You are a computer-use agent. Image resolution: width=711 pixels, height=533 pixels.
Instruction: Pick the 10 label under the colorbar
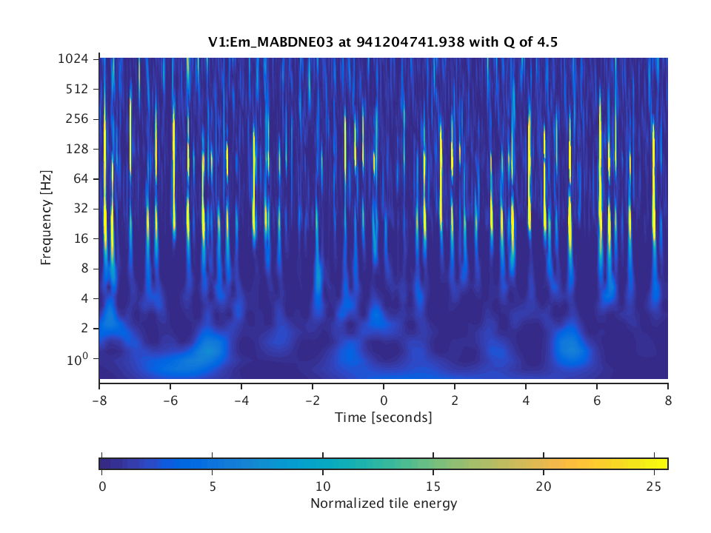(322, 486)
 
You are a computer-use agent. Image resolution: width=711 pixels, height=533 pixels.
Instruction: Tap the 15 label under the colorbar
(433, 486)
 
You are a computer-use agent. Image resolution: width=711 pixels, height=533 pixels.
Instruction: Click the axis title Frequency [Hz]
(47, 218)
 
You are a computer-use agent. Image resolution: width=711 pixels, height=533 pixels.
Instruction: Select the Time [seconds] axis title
(384, 418)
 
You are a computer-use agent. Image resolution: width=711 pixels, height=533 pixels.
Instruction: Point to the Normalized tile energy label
(384, 504)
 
